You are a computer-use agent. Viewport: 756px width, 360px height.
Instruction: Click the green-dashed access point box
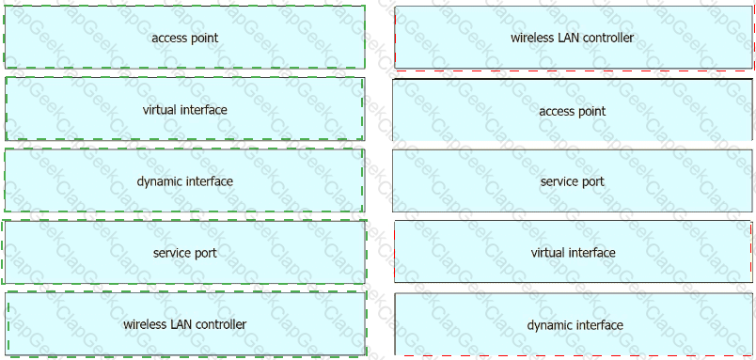[x=184, y=37]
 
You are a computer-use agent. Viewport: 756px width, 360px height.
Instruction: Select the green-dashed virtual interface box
[x=184, y=109]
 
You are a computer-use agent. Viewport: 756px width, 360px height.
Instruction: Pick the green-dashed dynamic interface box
[x=184, y=180]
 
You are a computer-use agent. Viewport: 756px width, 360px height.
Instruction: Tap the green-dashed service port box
[x=184, y=252]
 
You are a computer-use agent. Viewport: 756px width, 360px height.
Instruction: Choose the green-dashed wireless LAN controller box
[x=185, y=324]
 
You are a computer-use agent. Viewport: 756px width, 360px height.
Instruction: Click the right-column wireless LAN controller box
[x=573, y=38]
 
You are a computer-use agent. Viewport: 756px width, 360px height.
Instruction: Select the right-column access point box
[x=573, y=110]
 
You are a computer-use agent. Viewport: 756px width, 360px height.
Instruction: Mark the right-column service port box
[x=573, y=180]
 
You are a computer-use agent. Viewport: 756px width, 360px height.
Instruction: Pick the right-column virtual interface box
[x=573, y=252]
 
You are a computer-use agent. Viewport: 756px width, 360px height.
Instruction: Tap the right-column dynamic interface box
[x=574, y=324]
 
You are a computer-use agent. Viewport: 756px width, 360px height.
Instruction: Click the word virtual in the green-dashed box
[x=160, y=110]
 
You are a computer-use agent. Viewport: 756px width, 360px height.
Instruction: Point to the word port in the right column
[x=594, y=182]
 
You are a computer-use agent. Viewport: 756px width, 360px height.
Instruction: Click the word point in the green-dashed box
[x=205, y=39]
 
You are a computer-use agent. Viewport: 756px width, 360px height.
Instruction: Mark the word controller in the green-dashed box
[x=220, y=324]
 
